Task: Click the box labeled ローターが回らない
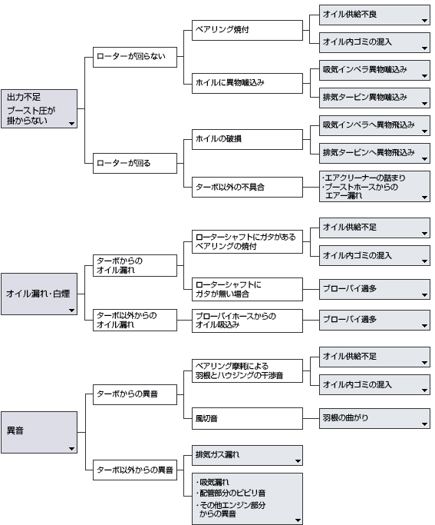pyautogui.click(x=135, y=57)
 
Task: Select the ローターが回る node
pyautogui.click(x=135, y=164)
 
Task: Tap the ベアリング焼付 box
pyautogui.click(x=247, y=31)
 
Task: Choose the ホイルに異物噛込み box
pyautogui.click(x=247, y=83)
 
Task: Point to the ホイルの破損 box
pyautogui.click(x=247, y=139)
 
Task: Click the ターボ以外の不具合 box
pyautogui.click(x=247, y=187)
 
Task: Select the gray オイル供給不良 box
pyautogui.click(x=374, y=15)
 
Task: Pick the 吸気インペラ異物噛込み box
pyautogui.click(x=374, y=70)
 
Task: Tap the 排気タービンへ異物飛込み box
pyautogui.click(x=374, y=153)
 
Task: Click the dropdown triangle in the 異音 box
pyautogui.click(x=71, y=449)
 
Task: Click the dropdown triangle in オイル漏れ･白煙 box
pyautogui.click(x=71, y=311)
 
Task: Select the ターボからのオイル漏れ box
pyautogui.click(x=135, y=265)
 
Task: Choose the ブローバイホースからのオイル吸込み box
pyautogui.click(x=247, y=321)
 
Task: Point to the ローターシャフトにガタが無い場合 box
pyautogui.click(x=247, y=289)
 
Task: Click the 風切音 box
pyautogui.click(x=247, y=418)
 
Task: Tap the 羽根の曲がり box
pyautogui.click(x=374, y=418)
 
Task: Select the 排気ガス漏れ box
pyautogui.click(x=247, y=455)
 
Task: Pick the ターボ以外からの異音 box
pyautogui.click(x=135, y=470)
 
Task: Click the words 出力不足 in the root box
pyautogui.click(x=24, y=98)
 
